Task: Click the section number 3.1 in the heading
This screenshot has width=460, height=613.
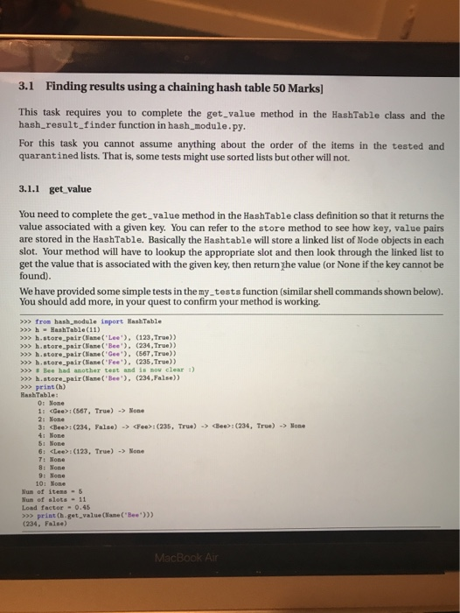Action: tap(26, 87)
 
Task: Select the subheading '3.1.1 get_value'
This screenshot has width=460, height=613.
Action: tap(58, 187)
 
